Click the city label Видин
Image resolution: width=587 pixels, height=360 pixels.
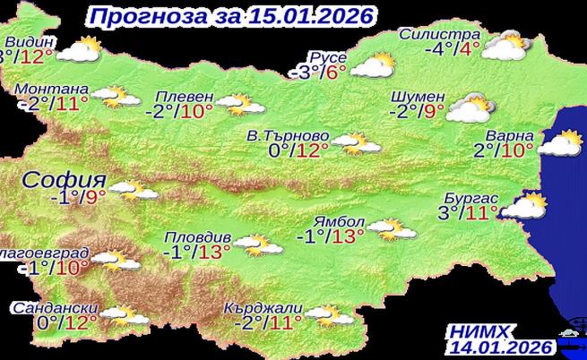[x=30, y=42]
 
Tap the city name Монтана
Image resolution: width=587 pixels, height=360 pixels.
[x=53, y=90]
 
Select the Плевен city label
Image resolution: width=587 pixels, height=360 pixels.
[x=184, y=97]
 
